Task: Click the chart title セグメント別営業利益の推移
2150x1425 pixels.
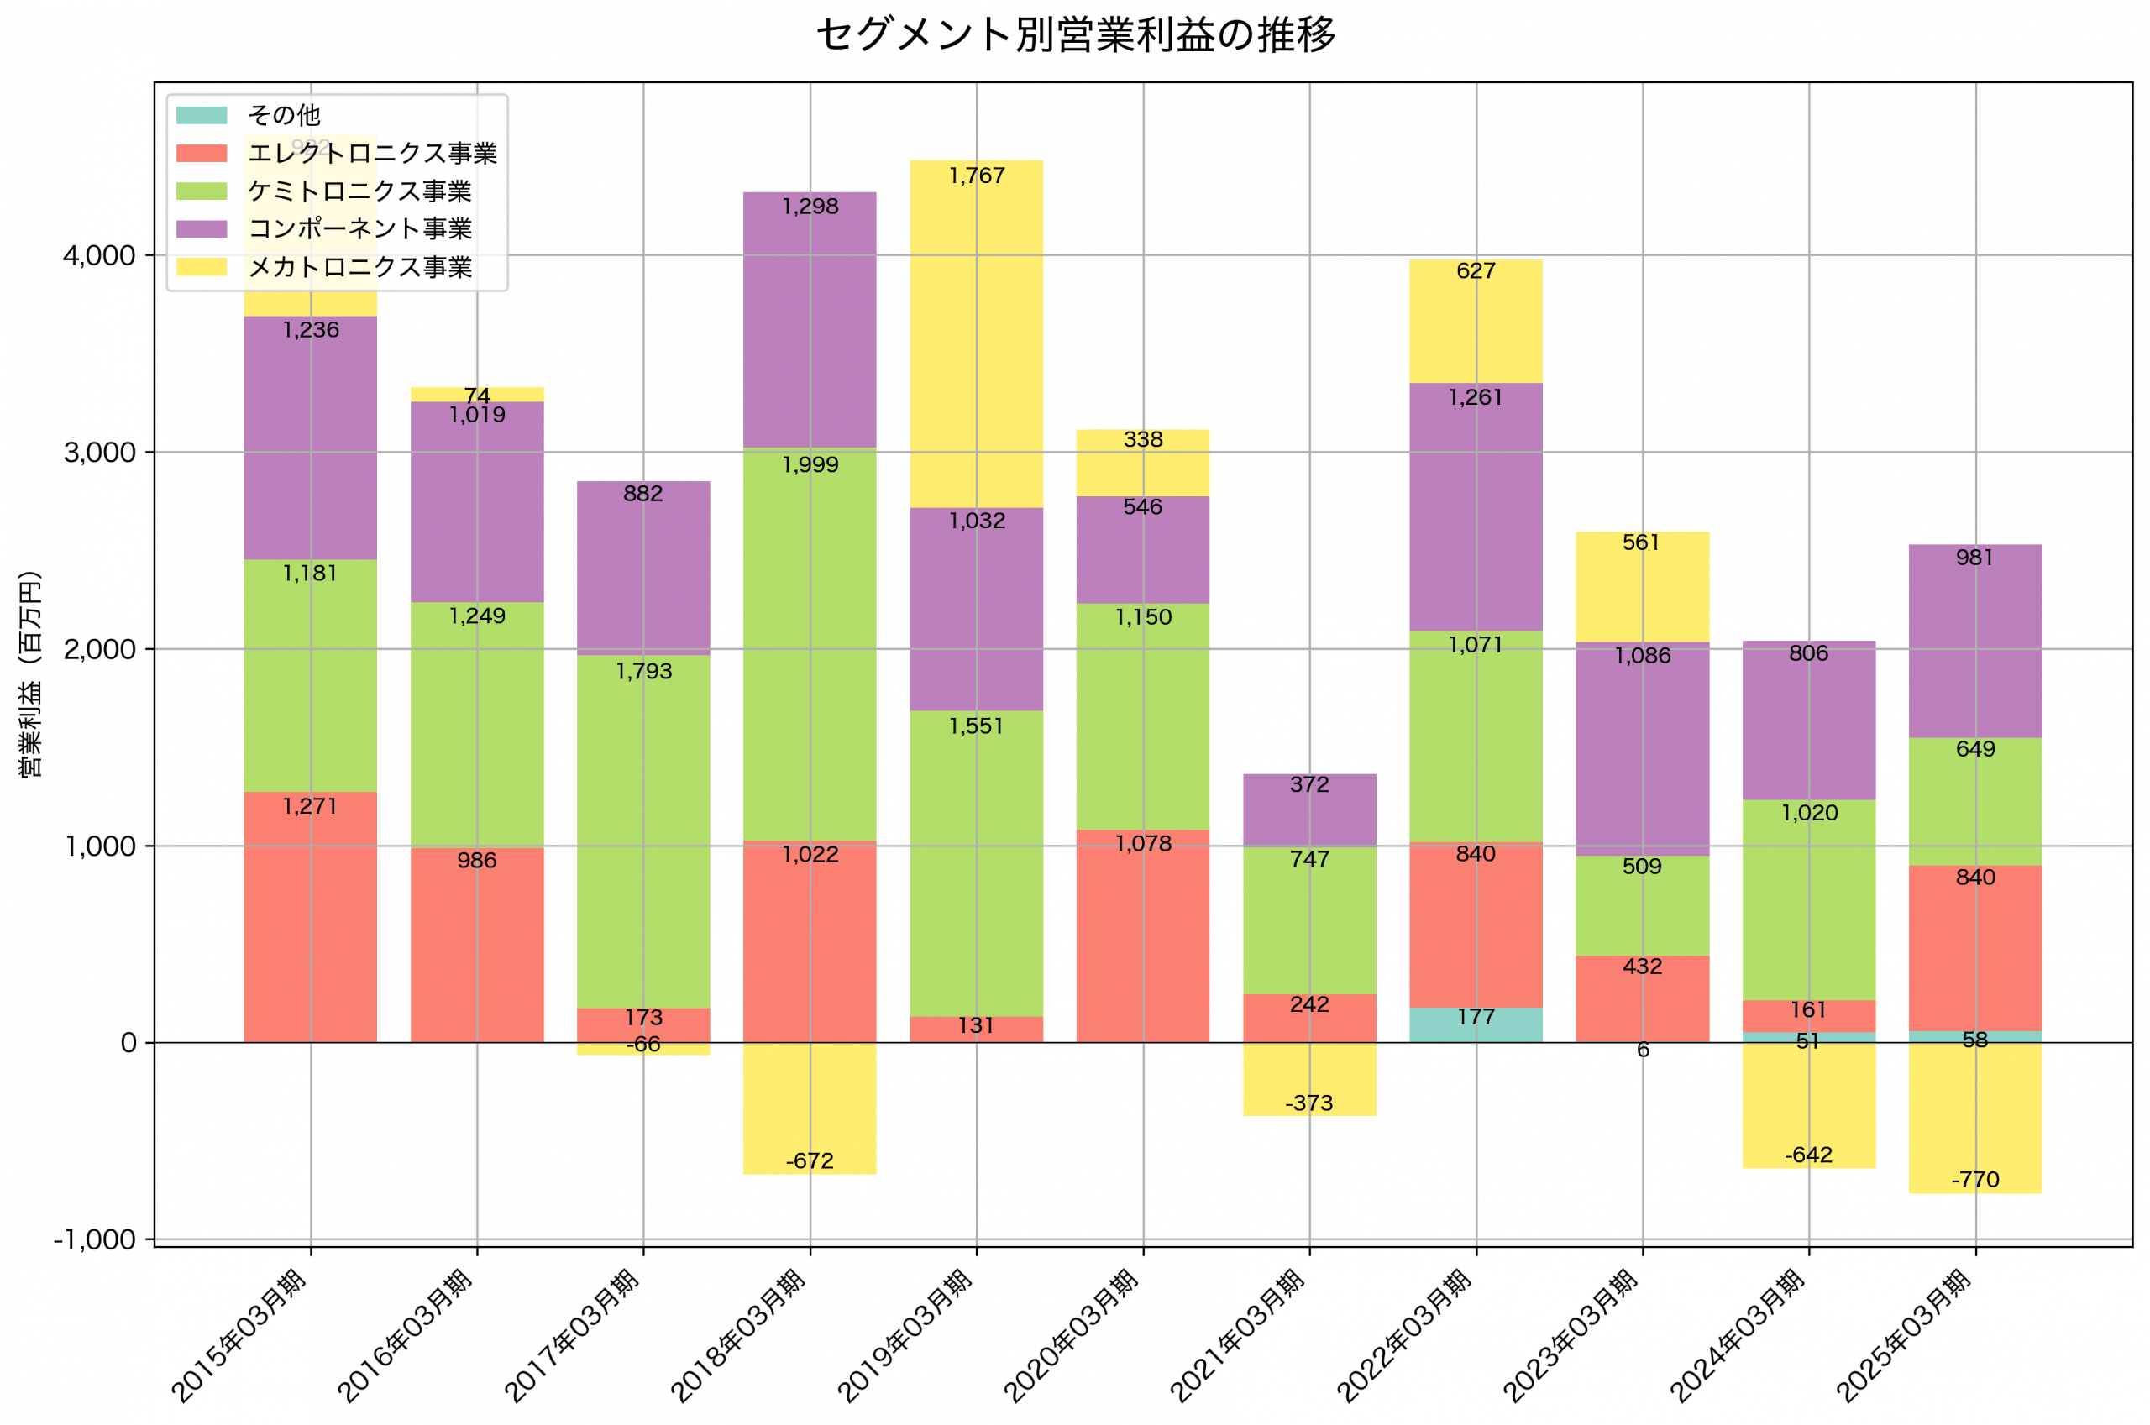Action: coord(1075,34)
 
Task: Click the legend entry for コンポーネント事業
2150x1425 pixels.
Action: coord(359,228)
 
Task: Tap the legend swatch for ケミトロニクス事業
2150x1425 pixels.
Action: coord(202,191)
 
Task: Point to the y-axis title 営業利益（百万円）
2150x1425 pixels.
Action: coord(30,673)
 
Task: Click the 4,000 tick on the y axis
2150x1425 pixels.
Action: coord(99,255)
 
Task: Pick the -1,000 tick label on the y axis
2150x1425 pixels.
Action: coord(95,1239)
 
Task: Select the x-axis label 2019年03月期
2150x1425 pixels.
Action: coord(905,1334)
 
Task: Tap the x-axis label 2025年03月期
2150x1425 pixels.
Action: coord(1904,1334)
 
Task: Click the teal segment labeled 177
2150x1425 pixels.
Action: coord(1476,1025)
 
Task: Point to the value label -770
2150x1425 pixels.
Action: coord(1974,1180)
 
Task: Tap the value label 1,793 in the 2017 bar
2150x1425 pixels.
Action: coord(643,672)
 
